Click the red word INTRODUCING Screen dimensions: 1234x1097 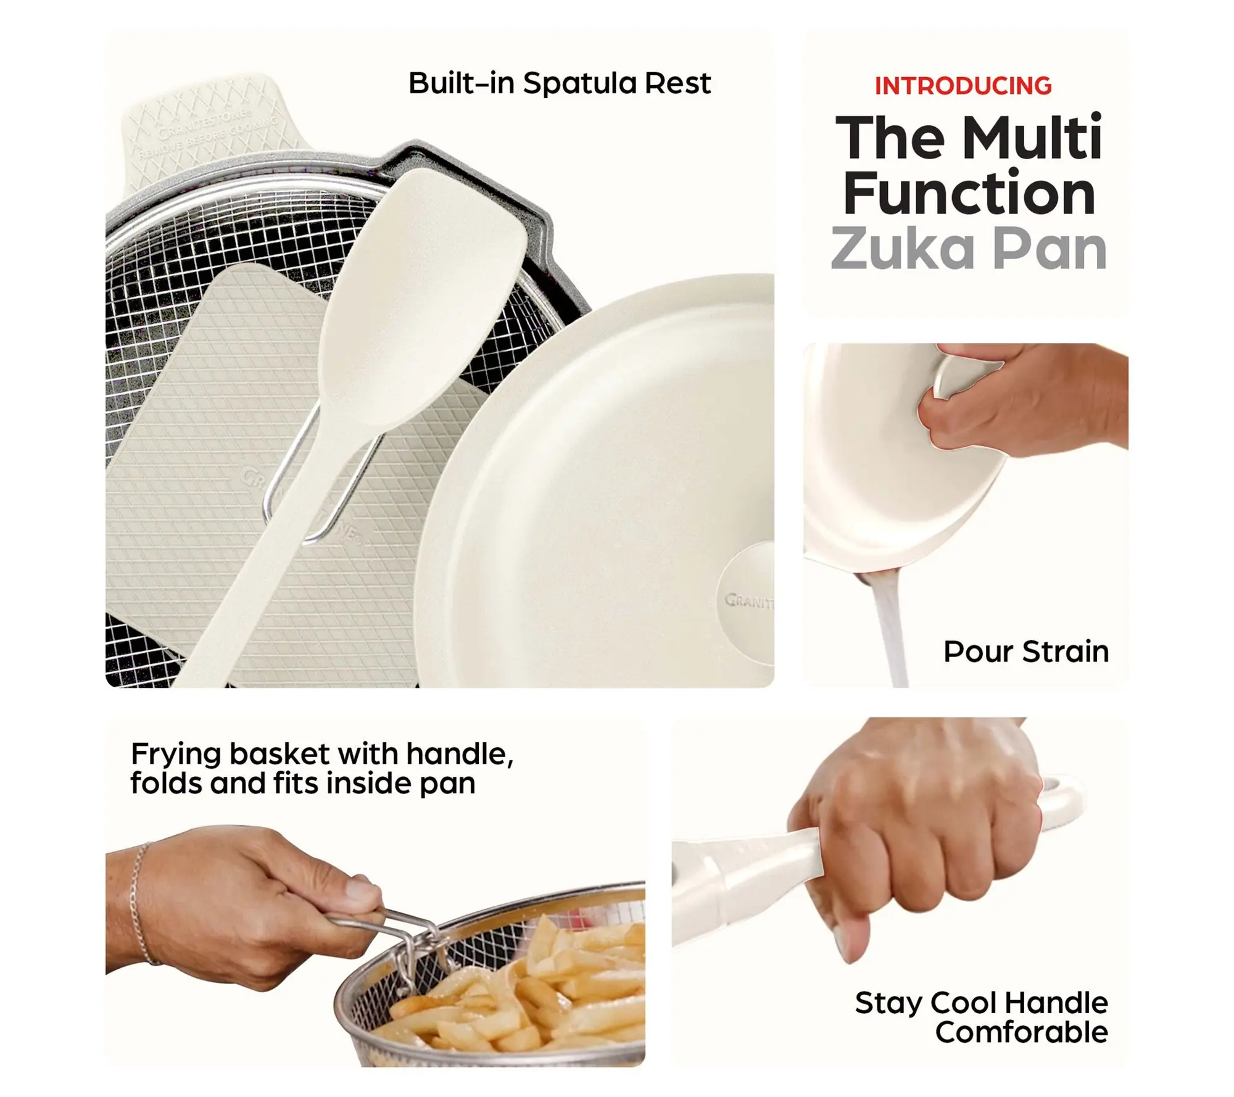coord(963,86)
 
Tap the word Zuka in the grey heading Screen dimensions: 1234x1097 coord(902,248)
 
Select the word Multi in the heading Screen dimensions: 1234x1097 coord(1032,137)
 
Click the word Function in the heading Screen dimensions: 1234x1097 coord(969,192)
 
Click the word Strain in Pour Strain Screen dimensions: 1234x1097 coord(1065,652)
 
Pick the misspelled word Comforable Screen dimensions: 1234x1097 coord(1022,1032)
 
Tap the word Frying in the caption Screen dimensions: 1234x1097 coord(176,755)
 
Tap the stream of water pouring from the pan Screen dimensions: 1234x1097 coord(888,632)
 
